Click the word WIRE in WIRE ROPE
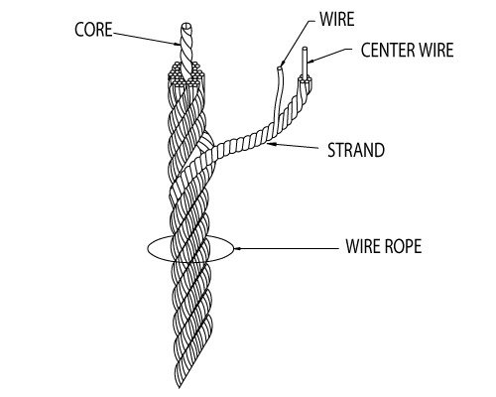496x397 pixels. [x=362, y=244]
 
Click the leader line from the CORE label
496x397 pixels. [x=149, y=39]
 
